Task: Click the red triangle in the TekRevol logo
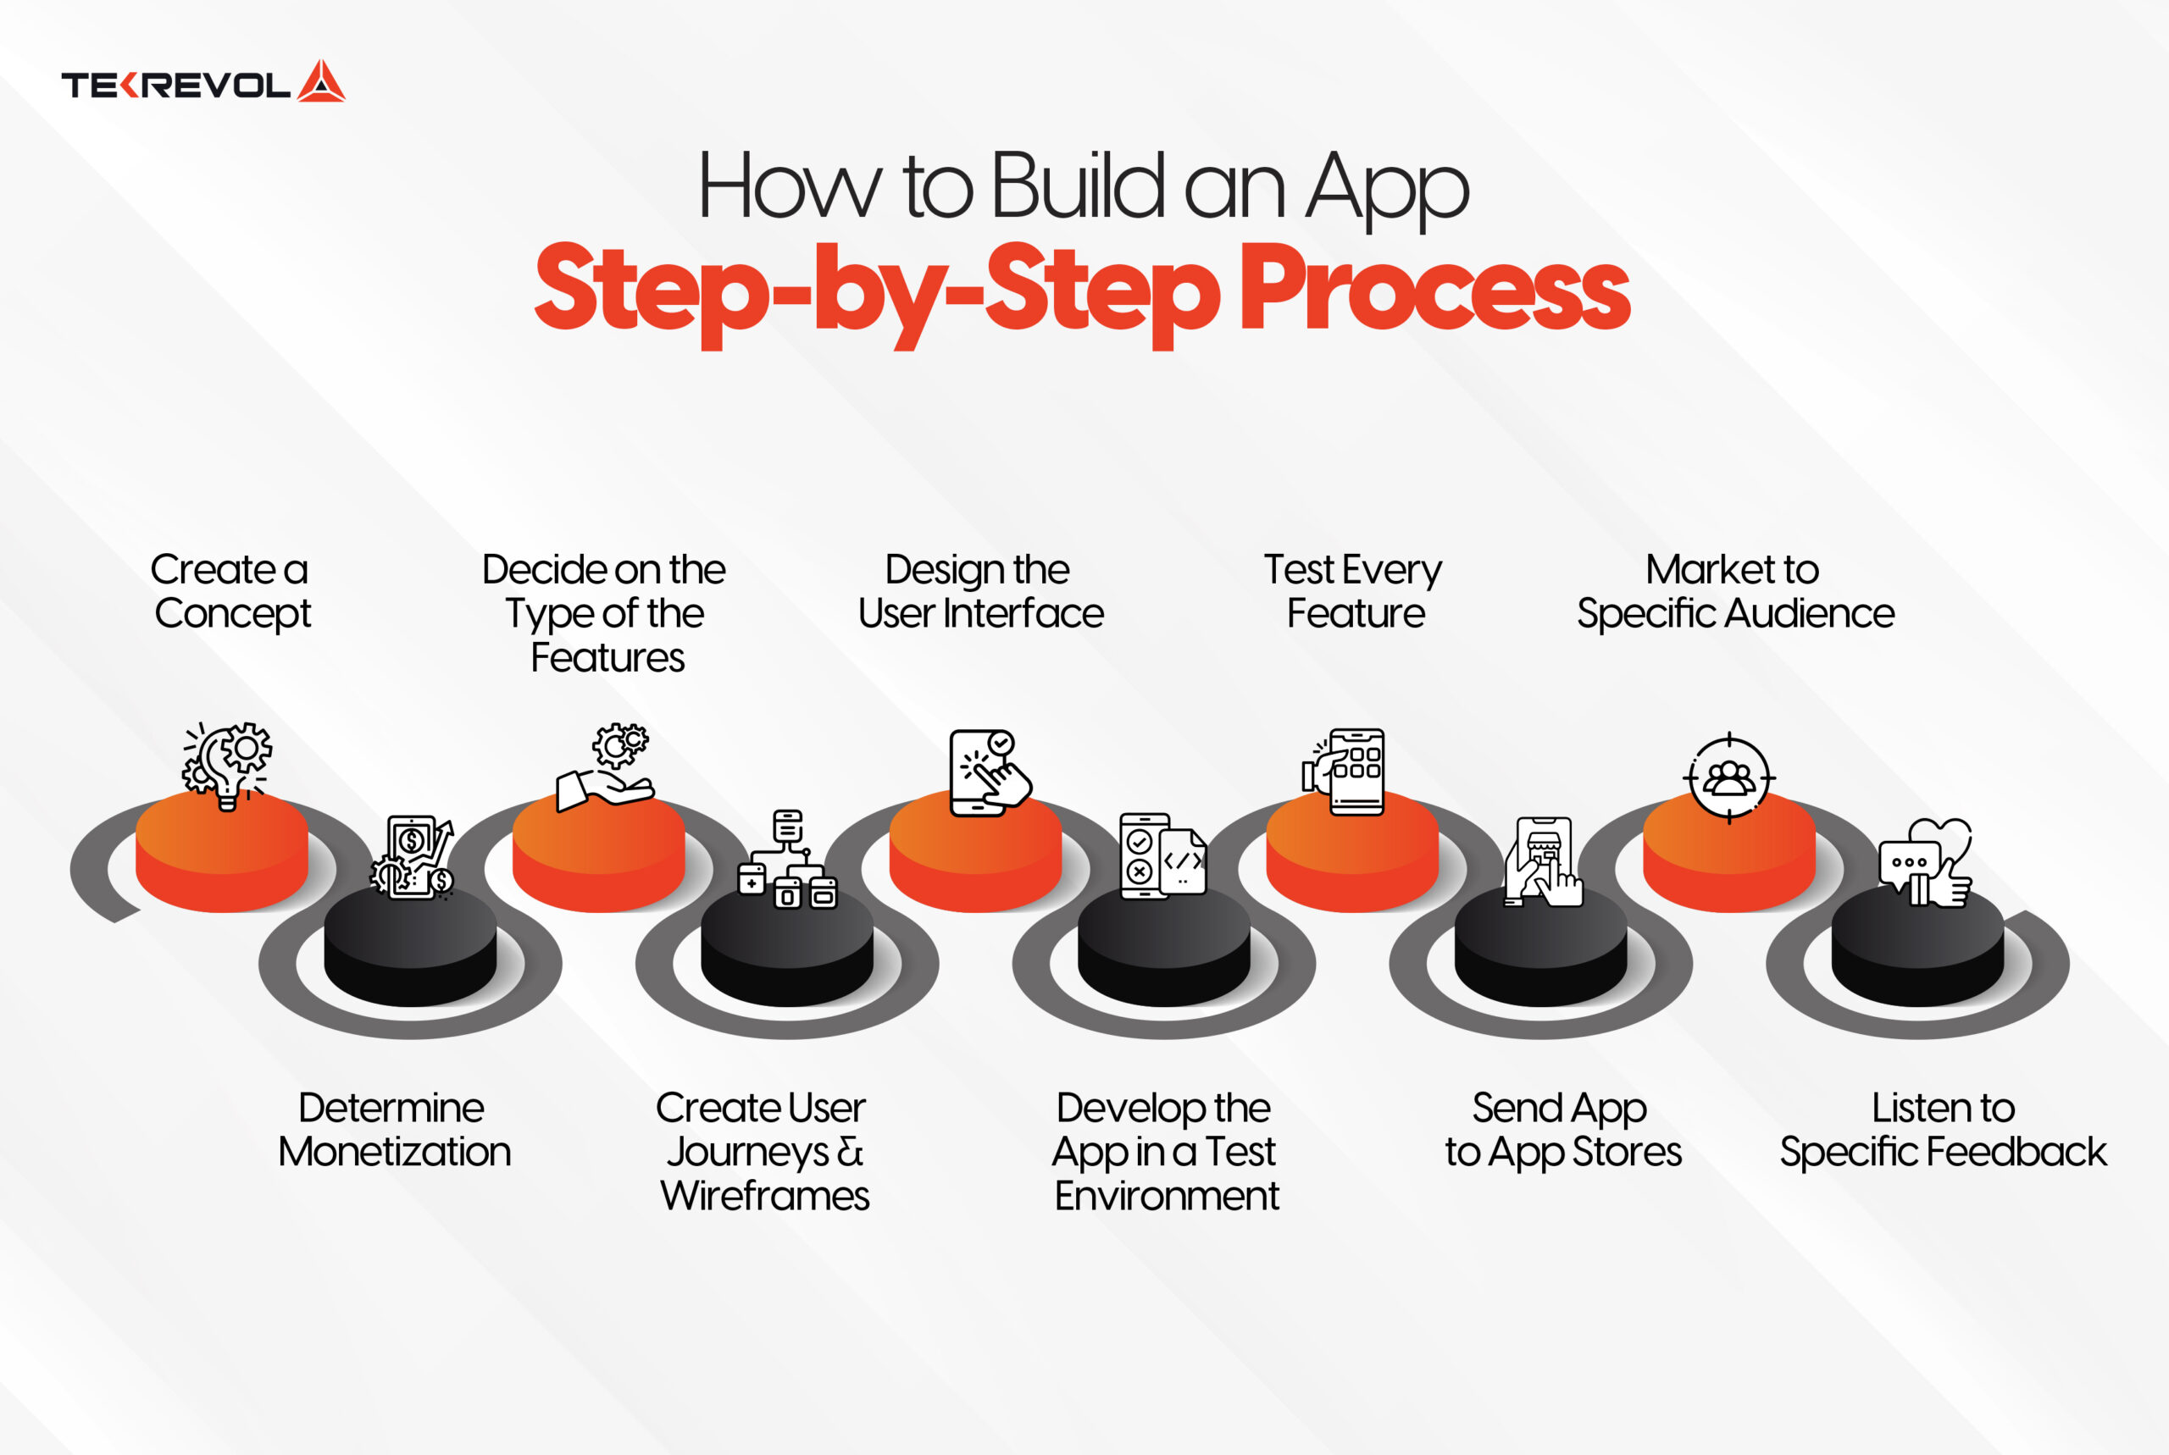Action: [321, 83]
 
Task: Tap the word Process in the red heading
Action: [1433, 290]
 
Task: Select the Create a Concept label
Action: [231, 591]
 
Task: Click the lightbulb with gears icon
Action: [227, 764]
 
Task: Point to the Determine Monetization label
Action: [393, 1129]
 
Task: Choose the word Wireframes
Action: [765, 1195]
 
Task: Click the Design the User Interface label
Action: [980, 591]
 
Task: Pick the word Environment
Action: [1166, 1195]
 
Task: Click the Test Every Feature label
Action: [1353, 591]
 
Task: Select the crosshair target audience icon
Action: [1729, 777]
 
